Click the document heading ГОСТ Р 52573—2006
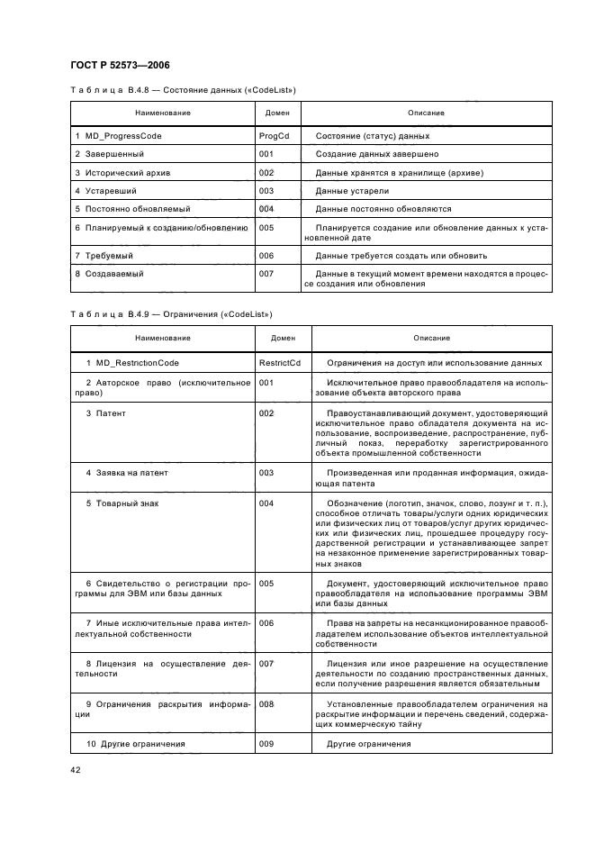point(120,65)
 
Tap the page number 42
point(76,769)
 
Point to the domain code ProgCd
point(274,136)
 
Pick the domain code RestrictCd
point(279,363)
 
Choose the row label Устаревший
point(105,191)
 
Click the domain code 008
point(266,703)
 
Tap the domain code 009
point(266,744)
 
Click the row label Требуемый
point(104,256)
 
